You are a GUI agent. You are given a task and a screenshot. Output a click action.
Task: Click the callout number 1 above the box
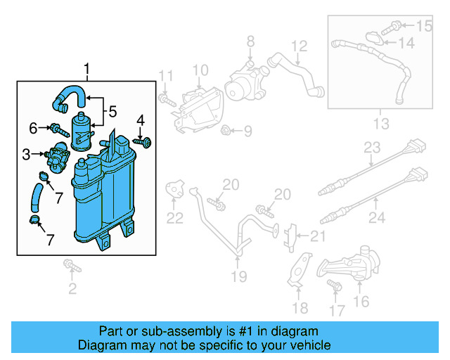[87, 69]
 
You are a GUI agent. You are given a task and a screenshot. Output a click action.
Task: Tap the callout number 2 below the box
[72, 288]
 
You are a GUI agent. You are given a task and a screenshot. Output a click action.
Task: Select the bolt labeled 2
[71, 266]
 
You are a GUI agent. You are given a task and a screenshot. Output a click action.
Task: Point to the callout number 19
[239, 276]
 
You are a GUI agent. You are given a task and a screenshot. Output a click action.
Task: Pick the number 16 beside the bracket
[361, 302]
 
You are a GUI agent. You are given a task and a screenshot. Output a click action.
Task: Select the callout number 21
[319, 236]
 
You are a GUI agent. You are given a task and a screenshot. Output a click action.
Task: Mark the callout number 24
[377, 218]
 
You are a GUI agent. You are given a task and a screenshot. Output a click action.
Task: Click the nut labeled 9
[227, 130]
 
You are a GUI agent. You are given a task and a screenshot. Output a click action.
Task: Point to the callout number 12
[300, 46]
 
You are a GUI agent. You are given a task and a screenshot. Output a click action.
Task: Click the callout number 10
[200, 70]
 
